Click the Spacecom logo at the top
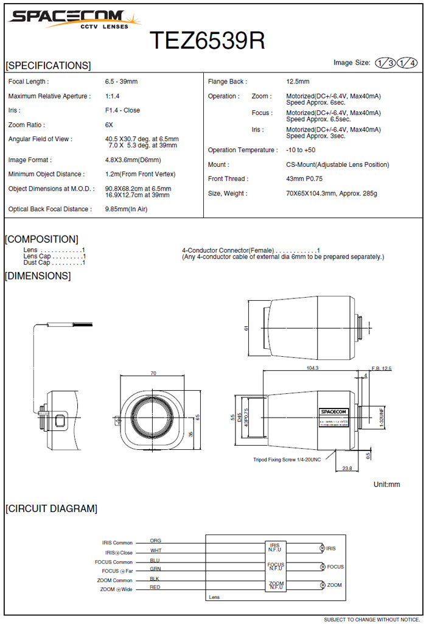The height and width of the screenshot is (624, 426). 73,19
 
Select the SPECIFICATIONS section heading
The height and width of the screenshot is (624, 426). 48,66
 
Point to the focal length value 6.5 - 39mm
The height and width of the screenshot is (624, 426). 121,82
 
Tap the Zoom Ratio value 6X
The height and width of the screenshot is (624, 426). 109,125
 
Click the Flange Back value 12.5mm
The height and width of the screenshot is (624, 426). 298,82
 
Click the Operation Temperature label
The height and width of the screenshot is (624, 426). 242,150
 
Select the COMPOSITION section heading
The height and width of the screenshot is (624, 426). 41,239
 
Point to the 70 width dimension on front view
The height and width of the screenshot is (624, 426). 153,373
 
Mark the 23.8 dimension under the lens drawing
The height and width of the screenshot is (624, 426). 347,469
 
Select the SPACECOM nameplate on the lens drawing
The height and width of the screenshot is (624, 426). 333,411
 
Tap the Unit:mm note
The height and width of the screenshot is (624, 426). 386,485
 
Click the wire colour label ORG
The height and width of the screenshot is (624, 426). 155,541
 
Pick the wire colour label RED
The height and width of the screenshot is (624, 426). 155,587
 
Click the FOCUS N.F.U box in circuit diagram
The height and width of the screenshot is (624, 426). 276,566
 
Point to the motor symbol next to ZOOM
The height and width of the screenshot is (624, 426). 322,585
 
